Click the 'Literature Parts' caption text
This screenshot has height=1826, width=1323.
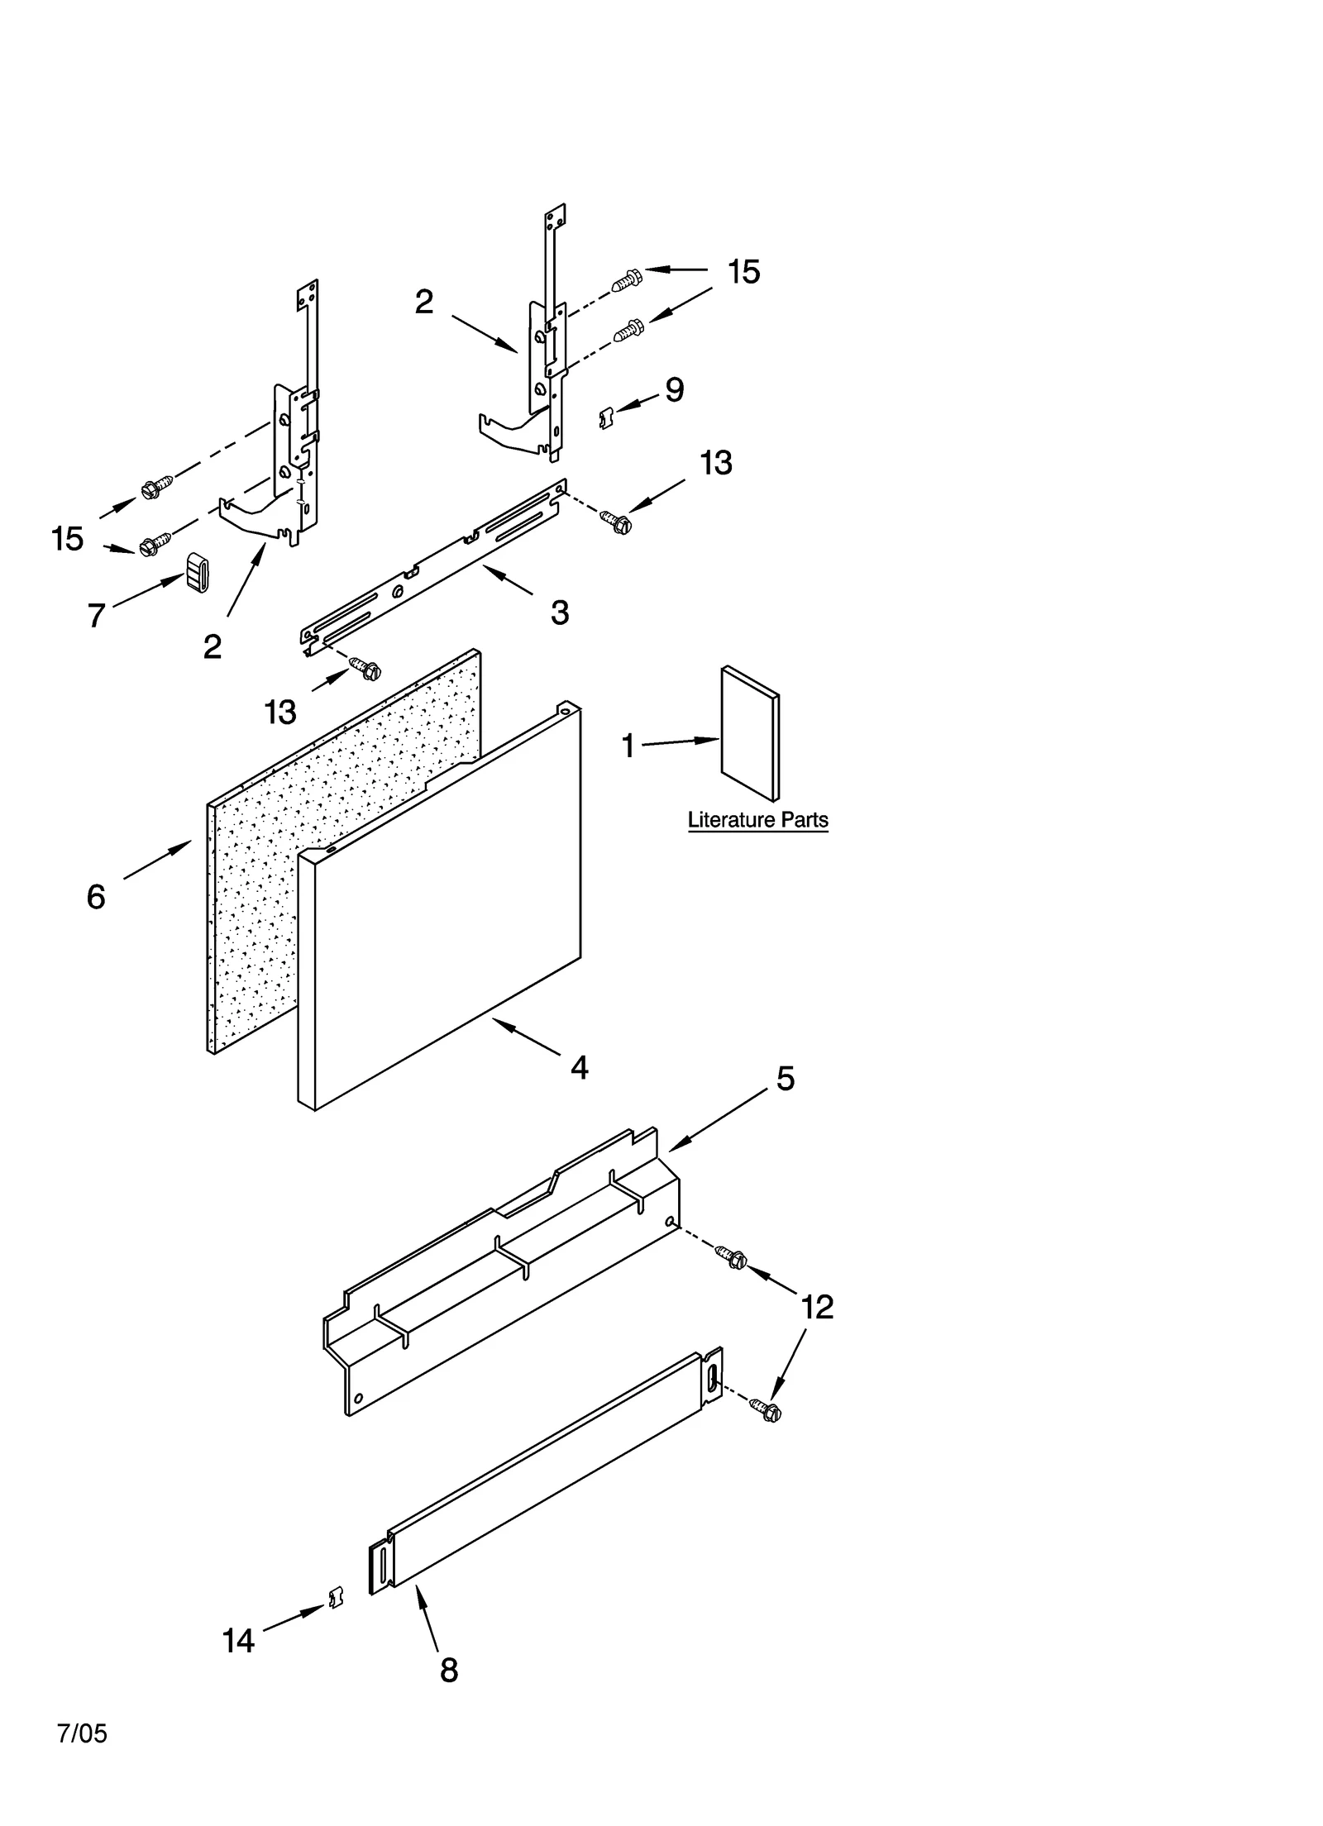coord(757,820)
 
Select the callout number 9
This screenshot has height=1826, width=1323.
coord(675,390)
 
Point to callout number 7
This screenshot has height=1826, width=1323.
coord(97,615)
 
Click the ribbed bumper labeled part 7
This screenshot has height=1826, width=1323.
coord(197,572)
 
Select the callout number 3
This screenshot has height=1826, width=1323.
coord(560,613)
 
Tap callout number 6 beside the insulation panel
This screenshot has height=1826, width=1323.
coord(96,897)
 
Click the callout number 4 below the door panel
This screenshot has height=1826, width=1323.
coord(580,1068)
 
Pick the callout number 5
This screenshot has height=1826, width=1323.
coord(785,1079)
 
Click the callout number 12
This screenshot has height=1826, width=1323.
coord(817,1308)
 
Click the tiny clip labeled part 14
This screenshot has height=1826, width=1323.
coord(336,1599)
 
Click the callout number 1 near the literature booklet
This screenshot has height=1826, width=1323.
coord(628,746)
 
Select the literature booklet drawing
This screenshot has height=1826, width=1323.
coord(749,734)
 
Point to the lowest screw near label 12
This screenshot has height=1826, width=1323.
coord(767,1409)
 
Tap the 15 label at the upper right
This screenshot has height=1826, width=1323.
coord(743,272)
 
